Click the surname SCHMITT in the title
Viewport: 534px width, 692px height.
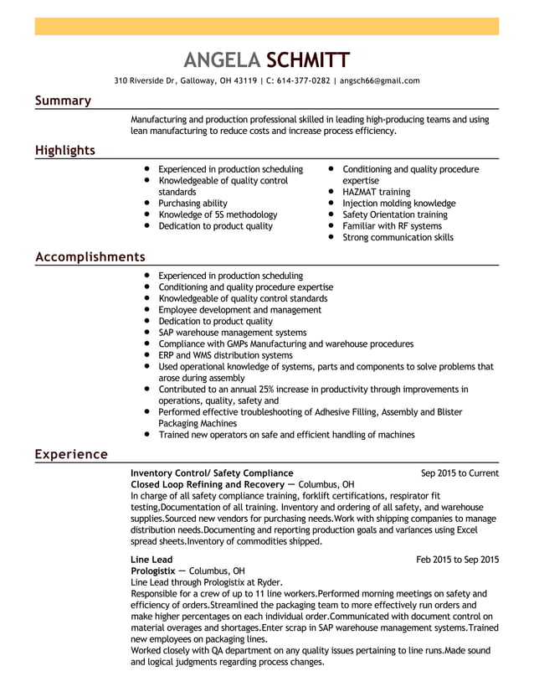click(x=308, y=59)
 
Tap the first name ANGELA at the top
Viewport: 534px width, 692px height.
click(x=222, y=59)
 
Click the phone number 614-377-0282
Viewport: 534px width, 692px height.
click(x=298, y=81)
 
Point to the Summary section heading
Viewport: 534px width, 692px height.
click(x=63, y=101)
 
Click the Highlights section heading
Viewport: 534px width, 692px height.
click(x=64, y=151)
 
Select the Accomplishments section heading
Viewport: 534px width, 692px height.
click(x=90, y=257)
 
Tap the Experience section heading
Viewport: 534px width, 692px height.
click(x=71, y=454)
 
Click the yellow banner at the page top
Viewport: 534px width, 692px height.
click(x=266, y=26)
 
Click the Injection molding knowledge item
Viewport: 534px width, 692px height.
click(x=398, y=204)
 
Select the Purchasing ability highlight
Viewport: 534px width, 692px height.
click(x=193, y=204)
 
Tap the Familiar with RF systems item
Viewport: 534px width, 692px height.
click(x=392, y=226)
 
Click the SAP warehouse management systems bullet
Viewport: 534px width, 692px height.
click(x=232, y=333)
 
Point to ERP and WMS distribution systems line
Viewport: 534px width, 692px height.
click(x=225, y=355)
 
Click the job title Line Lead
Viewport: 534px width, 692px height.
click(x=151, y=560)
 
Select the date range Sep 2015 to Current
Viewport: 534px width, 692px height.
click(x=460, y=473)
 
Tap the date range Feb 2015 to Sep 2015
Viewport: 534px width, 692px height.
click(x=457, y=560)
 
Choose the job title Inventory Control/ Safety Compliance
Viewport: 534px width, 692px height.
click(x=212, y=473)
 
